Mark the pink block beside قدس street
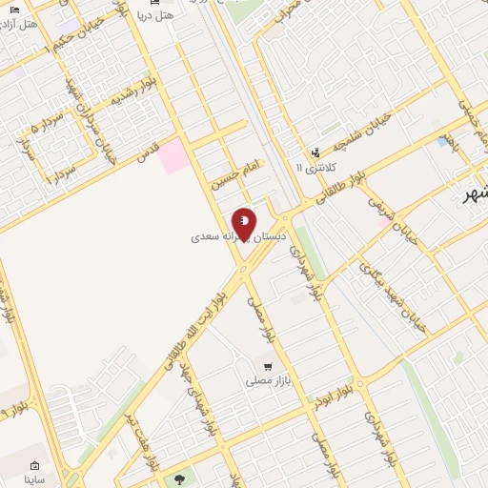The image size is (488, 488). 173,156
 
